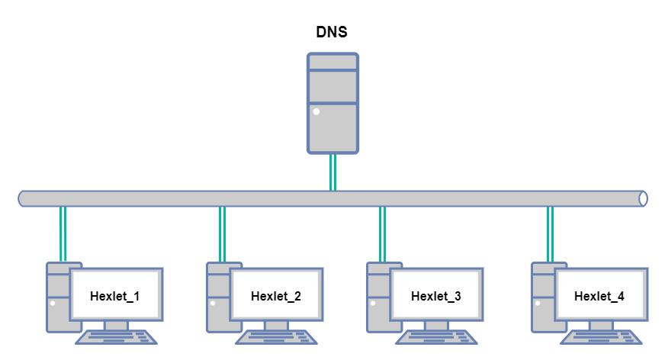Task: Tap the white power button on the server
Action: tap(316, 111)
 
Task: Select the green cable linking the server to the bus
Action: tap(332, 172)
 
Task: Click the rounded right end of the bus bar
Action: tap(643, 198)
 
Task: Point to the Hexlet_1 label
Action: tap(115, 296)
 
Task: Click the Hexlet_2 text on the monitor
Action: tap(276, 296)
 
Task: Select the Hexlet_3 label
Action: tap(436, 296)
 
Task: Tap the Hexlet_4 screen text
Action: tap(599, 296)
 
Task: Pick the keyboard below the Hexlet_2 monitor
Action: tap(277, 337)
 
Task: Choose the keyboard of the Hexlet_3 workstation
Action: tap(437, 337)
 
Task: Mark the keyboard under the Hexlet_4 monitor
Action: tap(602, 337)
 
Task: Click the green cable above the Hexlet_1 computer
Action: tap(64, 234)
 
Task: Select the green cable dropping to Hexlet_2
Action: tap(223, 234)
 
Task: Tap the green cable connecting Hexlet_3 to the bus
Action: tap(383, 234)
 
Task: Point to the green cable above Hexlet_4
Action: tap(551, 234)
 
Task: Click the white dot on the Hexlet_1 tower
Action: tap(53, 303)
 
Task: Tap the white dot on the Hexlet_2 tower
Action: tap(213, 303)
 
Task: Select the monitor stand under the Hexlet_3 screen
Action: tap(436, 326)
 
